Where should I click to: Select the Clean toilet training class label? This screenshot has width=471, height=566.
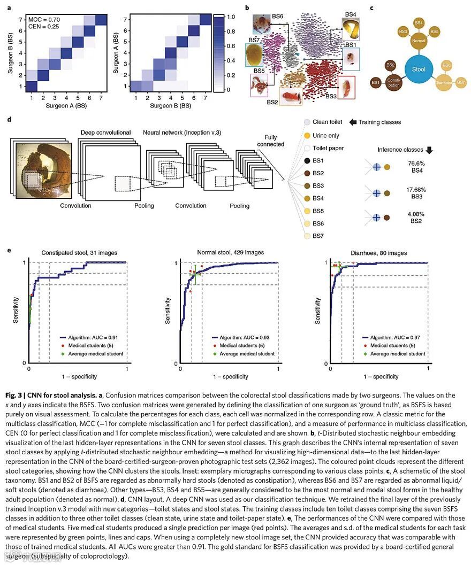pos(328,122)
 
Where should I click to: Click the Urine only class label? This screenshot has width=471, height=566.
pos(326,135)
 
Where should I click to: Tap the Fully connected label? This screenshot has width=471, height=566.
pos(270,140)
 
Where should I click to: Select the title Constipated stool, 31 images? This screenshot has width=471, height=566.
pos(77,253)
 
